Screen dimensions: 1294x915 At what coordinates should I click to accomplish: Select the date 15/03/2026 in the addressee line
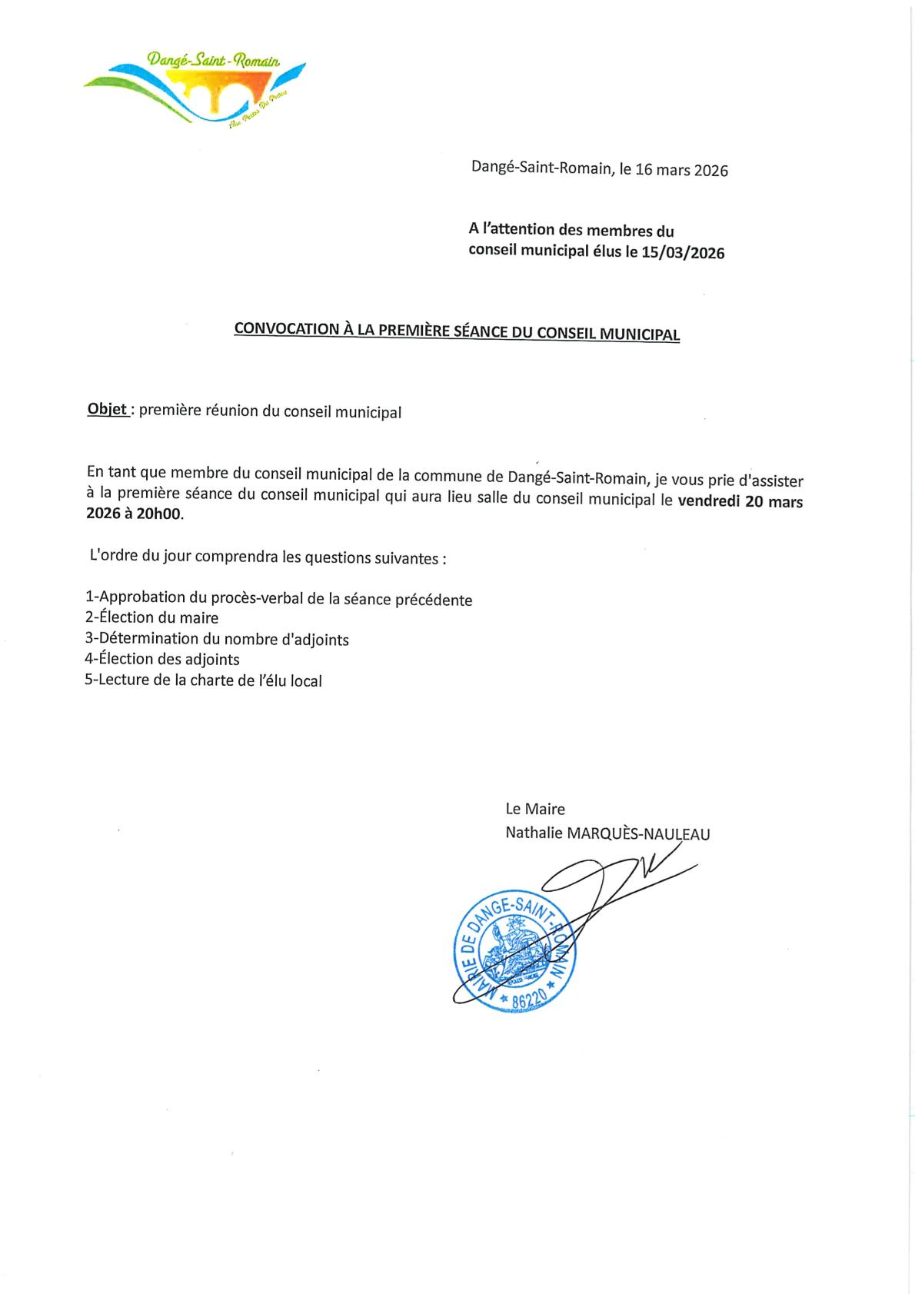point(684,252)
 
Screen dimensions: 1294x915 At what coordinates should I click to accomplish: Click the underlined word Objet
point(108,411)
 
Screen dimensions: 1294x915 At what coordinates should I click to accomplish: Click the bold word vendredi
point(710,502)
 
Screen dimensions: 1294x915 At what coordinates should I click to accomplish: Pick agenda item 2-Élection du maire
point(152,617)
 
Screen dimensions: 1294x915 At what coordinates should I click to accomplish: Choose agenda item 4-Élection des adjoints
point(163,660)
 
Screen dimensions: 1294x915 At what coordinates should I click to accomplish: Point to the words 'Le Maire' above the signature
point(535,809)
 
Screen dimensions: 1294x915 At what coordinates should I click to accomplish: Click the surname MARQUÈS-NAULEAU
point(638,833)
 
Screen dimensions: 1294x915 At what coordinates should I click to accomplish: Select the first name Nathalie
point(533,833)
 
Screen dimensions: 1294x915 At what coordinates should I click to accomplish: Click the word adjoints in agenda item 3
point(318,639)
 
